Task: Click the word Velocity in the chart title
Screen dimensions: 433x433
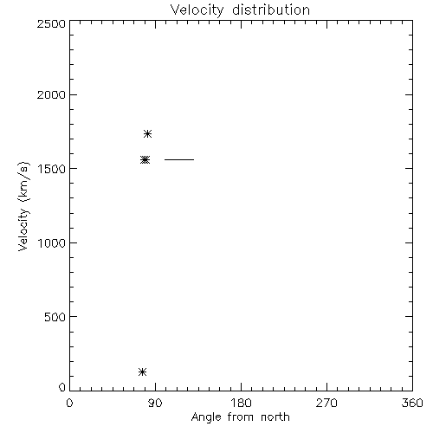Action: tap(197, 10)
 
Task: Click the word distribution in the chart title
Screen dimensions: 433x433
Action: tap(271, 10)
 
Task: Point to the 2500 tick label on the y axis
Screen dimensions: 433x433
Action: tap(51, 24)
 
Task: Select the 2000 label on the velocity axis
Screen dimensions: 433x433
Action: tap(51, 95)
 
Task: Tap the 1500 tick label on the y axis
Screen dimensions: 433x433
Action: tap(52, 169)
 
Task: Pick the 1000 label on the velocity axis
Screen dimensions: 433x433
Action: tap(52, 243)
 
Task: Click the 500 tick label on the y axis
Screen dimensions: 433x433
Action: tap(55, 317)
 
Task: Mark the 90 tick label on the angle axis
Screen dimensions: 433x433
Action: tap(155, 403)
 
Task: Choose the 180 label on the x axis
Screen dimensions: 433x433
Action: tap(241, 403)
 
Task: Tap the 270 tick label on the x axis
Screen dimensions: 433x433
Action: tap(326, 403)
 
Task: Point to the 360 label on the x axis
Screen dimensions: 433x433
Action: tap(412, 403)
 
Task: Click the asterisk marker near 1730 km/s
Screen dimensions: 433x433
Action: tap(148, 133)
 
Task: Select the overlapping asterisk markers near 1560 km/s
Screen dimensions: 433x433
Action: tap(145, 159)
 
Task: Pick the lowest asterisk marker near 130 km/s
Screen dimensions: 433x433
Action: tap(142, 372)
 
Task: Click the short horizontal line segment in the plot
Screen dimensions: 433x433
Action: tap(179, 159)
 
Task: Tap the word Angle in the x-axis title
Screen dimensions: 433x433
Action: tap(206, 417)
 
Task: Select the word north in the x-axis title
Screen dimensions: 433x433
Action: tap(275, 417)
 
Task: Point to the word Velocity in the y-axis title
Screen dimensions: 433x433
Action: tap(23, 229)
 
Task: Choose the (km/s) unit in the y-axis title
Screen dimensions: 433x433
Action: tap(23, 182)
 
